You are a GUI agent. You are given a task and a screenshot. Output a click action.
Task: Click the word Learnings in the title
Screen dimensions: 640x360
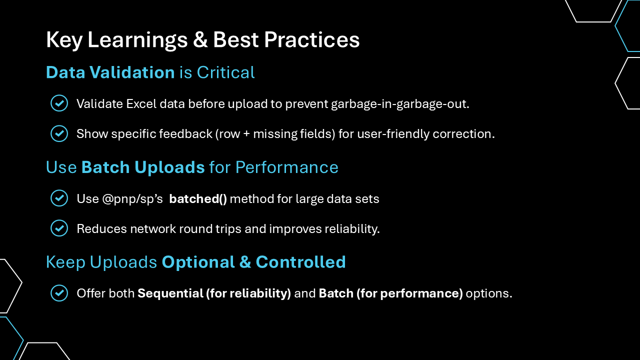pos(137,40)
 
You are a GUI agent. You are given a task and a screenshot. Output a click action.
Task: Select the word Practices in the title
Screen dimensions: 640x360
pos(311,39)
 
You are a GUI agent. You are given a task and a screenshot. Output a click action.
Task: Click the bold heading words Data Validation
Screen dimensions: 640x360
pos(110,72)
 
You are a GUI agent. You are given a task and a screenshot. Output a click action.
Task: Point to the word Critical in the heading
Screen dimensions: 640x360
pos(225,72)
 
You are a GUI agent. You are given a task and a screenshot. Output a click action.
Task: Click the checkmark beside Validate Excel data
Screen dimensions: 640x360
pos(59,103)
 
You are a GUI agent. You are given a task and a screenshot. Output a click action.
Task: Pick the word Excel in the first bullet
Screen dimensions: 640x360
pos(141,103)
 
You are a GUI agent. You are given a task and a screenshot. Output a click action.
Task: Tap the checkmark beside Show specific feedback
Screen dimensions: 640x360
pos(59,133)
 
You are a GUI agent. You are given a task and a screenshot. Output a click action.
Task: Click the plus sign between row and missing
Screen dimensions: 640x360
pos(246,134)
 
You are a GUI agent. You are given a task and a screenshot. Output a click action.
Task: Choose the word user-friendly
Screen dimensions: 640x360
pos(393,134)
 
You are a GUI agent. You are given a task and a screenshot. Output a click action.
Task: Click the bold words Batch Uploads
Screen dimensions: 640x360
pos(143,167)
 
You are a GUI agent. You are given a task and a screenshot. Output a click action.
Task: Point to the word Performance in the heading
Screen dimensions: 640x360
pos(287,167)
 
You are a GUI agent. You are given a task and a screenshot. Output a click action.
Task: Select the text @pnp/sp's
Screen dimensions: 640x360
pos(132,199)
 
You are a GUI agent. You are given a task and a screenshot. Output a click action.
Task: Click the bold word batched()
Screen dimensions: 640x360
pos(198,199)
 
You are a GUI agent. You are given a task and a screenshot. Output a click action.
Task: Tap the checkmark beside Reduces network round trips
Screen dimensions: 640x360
pos(59,228)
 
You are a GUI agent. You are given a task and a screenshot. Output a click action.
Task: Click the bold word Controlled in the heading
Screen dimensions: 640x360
pos(301,262)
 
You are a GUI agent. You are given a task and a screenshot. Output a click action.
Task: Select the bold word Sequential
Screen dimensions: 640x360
pos(170,293)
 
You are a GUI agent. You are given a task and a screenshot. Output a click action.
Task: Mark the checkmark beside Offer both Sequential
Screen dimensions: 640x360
pos(59,293)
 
